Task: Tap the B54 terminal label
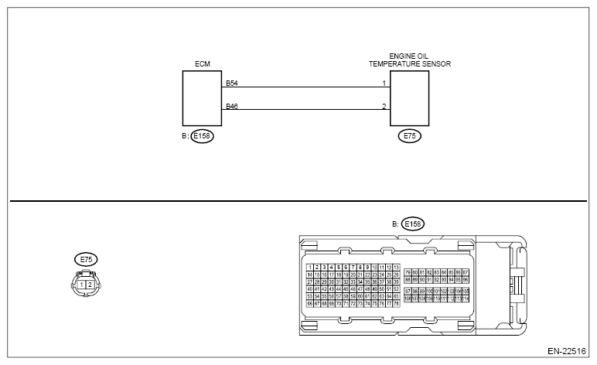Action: click(230, 82)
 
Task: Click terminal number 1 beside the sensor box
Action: click(384, 83)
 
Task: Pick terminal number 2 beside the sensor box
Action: click(384, 105)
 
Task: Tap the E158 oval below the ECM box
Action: click(203, 135)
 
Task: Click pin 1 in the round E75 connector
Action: click(82, 285)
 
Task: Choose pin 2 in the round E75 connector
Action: click(91, 285)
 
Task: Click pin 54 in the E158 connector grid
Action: click(317, 296)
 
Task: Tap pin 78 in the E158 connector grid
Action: click(396, 304)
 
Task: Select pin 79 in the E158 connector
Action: click(408, 272)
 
